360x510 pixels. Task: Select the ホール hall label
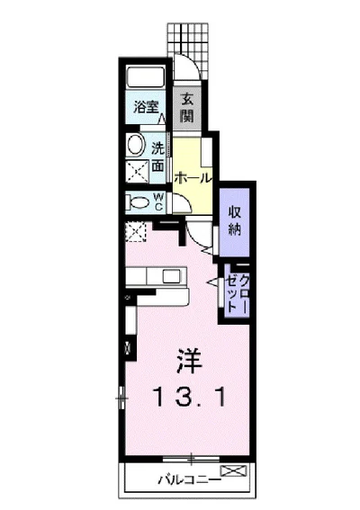(x=193, y=178)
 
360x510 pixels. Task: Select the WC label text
(x=158, y=202)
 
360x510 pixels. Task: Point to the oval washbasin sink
(x=136, y=145)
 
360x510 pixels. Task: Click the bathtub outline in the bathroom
(x=144, y=76)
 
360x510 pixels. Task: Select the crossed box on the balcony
(x=231, y=470)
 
